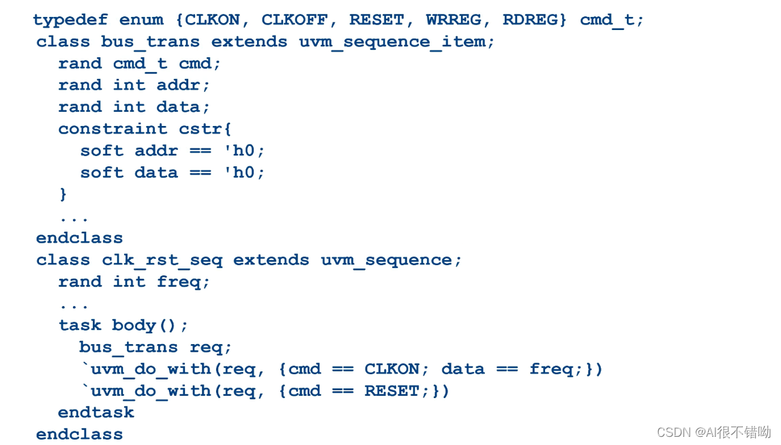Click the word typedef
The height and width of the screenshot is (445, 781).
[70, 20]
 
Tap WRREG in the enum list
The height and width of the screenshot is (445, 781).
[453, 20]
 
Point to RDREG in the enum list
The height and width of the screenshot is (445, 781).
[529, 20]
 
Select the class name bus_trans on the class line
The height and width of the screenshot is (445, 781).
[150, 42]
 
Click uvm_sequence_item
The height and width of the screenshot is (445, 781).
[392, 42]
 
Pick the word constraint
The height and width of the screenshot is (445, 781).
[113, 129]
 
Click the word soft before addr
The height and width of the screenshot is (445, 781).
[102, 151]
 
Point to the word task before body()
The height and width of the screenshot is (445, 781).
[80, 326]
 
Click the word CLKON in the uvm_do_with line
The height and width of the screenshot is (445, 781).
[392, 369]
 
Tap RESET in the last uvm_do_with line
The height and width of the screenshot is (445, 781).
[392, 391]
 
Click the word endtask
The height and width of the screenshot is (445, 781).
[96, 413]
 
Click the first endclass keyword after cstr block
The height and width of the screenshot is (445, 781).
[80, 239]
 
